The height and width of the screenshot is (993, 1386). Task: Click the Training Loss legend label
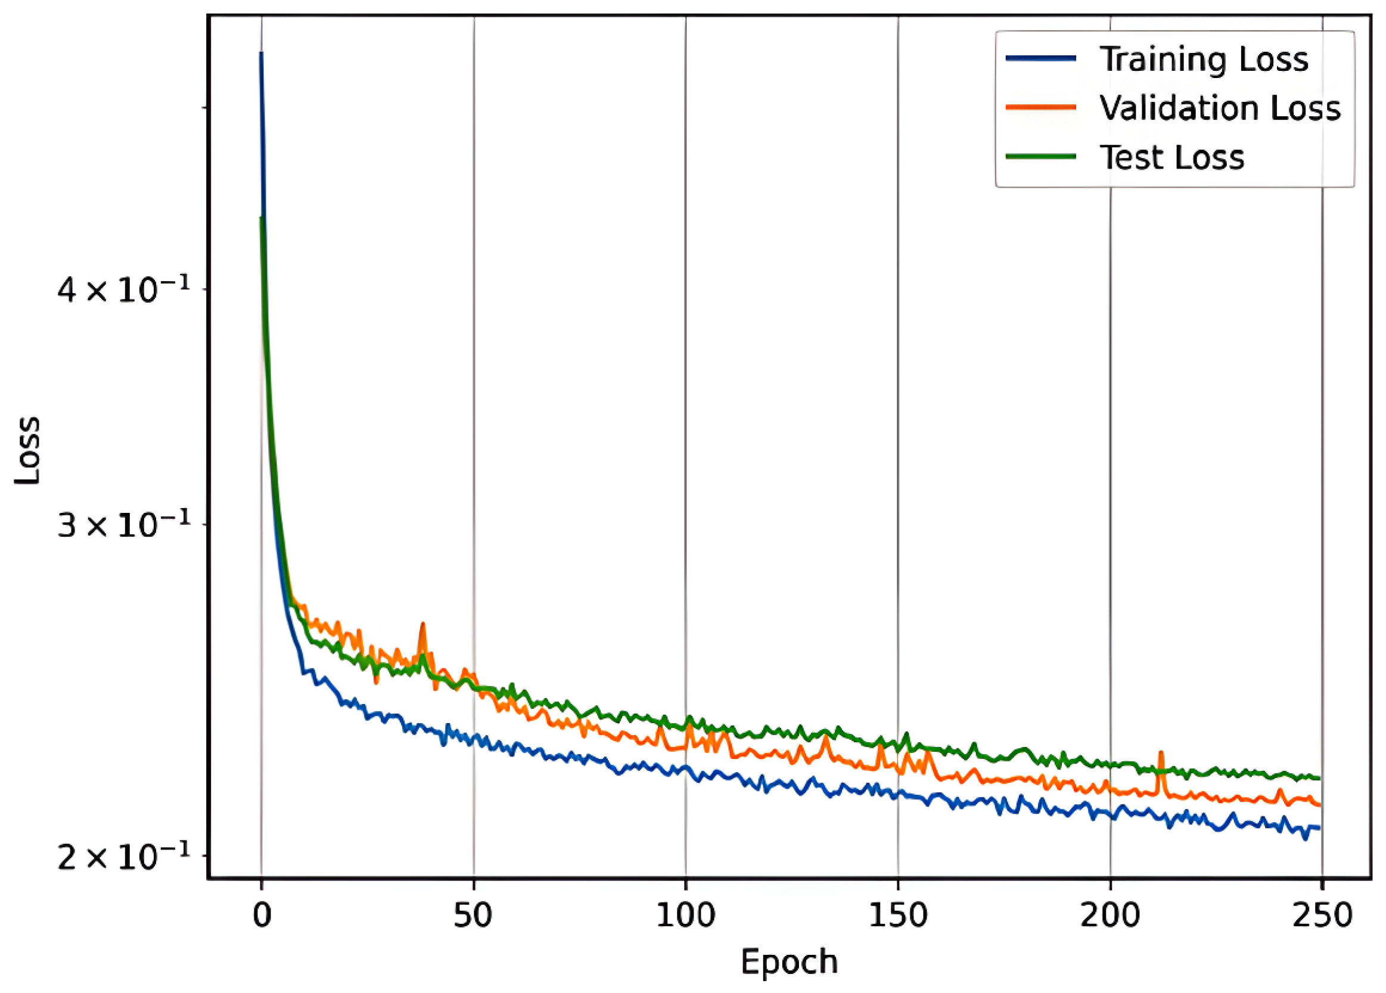(x=1204, y=60)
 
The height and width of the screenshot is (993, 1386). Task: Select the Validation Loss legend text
(x=1220, y=108)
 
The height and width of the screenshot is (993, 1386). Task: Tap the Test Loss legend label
(x=1171, y=157)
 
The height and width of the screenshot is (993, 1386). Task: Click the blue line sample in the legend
(x=1041, y=58)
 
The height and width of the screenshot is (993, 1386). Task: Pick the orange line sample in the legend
(x=1041, y=108)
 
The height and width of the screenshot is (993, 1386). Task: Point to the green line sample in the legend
(x=1041, y=157)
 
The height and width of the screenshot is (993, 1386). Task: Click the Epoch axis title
(x=789, y=963)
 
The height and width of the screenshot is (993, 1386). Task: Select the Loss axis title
(x=28, y=450)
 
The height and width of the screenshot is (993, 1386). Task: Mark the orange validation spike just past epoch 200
(x=1161, y=754)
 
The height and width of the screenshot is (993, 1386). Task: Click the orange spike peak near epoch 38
(x=422, y=624)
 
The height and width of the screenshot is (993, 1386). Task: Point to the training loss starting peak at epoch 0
(x=261, y=54)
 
